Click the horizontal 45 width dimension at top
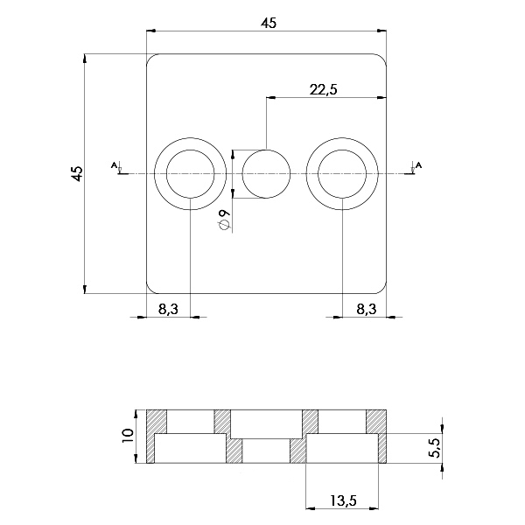(269, 24)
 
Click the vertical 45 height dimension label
(77, 173)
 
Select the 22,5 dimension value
(324, 90)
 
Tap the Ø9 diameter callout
(224, 220)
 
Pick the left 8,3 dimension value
(168, 309)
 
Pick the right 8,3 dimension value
(367, 309)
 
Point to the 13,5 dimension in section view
(343, 500)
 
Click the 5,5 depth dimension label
(437, 448)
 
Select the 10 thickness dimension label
(128, 437)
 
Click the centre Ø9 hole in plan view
(266, 174)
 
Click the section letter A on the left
(114, 164)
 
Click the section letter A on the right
(418, 164)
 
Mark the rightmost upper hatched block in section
(376, 422)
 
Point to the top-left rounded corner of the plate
(150, 57)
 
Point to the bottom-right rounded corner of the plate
(383, 290)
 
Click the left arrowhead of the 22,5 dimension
(270, 98)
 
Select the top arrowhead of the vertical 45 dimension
(85, 59)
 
